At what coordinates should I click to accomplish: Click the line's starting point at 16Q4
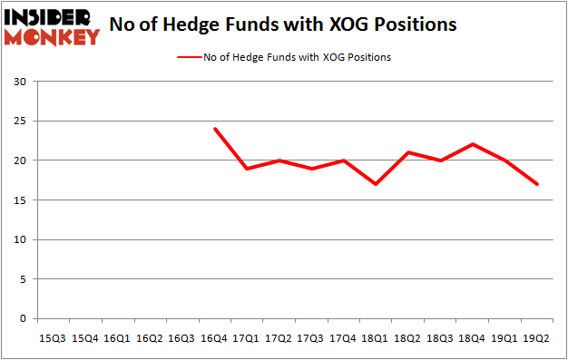(215, 129)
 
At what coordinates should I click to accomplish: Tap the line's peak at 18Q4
(474, 144)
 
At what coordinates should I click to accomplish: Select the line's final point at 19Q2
(538, 184)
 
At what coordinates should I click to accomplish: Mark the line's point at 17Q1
(248, 169)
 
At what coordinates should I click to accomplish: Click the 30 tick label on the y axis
(20, 83)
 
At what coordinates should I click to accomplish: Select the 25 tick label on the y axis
(20, 122)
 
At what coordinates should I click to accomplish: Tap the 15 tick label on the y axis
(20, 200)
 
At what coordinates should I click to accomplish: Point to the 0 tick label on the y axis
(23, 319)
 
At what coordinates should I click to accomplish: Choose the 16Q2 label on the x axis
(151, 338)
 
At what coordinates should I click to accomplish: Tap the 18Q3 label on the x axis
(441, 338)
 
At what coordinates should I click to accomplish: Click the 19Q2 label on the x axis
(538, 338)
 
